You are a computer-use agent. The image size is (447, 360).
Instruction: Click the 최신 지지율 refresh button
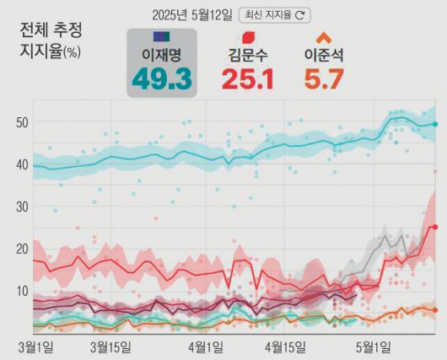click(x=276, y=14)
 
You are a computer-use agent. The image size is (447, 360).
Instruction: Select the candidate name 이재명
click(x=162, y=56)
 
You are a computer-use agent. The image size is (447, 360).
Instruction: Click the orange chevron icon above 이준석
click(x=323, y=37)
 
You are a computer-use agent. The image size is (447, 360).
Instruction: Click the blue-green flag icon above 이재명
click(x=162, y=37)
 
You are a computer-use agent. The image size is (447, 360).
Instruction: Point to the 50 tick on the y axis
click(x=23, y=122)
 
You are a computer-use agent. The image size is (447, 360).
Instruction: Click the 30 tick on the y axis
click(x=23, y=207)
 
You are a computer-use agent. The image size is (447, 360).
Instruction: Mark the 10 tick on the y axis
click(x=23, y=292)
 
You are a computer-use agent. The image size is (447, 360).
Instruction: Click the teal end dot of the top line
click(x=435, y=124)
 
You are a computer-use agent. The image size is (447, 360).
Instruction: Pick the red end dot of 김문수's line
click(x=435, y=227)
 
